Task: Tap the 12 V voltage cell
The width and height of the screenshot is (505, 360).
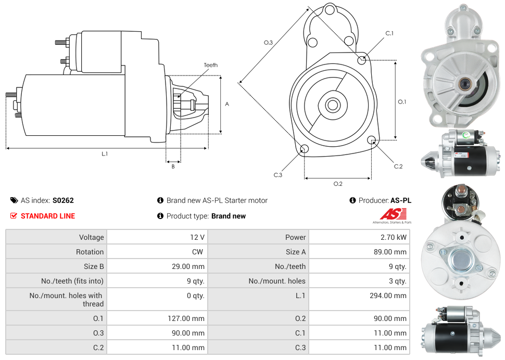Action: [x=197, y=237]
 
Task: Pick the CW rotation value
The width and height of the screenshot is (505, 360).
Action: [x=198, y=252]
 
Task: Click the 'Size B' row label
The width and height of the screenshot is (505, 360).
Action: [x=91, y=266]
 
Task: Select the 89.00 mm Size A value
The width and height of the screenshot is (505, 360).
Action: [x=393, y=252]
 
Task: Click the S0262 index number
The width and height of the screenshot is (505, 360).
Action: [x=63, y=200]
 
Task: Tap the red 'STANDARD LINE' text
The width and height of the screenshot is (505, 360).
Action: [x=48, y=216]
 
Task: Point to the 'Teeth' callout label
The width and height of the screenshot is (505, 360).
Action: [x=211, y=65]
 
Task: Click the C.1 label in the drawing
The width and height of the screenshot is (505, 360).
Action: [x=389, y=34]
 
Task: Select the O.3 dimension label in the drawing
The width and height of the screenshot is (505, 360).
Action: [x=268, y=43]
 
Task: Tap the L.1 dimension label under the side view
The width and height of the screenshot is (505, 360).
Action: [x=105, y=154]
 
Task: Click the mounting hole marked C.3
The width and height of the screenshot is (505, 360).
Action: [x=305, y=150]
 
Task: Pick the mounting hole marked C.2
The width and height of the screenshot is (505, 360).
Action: [x=372, y=140]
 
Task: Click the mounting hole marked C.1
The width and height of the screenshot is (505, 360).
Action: [x=362, y=60]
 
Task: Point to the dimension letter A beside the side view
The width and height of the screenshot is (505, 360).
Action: [x=227, y=104]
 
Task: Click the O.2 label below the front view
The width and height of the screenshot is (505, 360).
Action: [x=338, y=184]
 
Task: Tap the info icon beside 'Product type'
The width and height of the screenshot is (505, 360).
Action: [x=160, y=216]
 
